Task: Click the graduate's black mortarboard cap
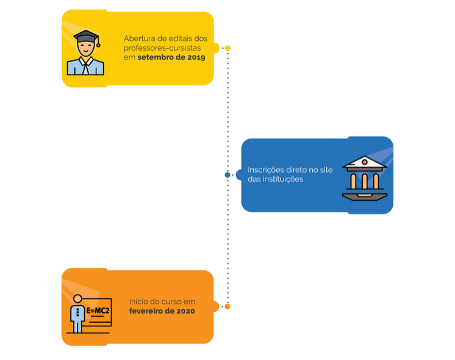point(86,36)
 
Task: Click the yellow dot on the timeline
point(227,48)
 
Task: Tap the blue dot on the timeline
point(227,175)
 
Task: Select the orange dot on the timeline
point(227,306)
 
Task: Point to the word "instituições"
point(284,179)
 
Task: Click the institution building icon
point(364,178)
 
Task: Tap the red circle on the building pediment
point(364,162)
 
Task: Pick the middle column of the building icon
point(364,181)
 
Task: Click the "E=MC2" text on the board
point(98,311)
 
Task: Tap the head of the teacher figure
point(77,299)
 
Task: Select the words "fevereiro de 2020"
point(162,311)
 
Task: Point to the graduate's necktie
point(85,66)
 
